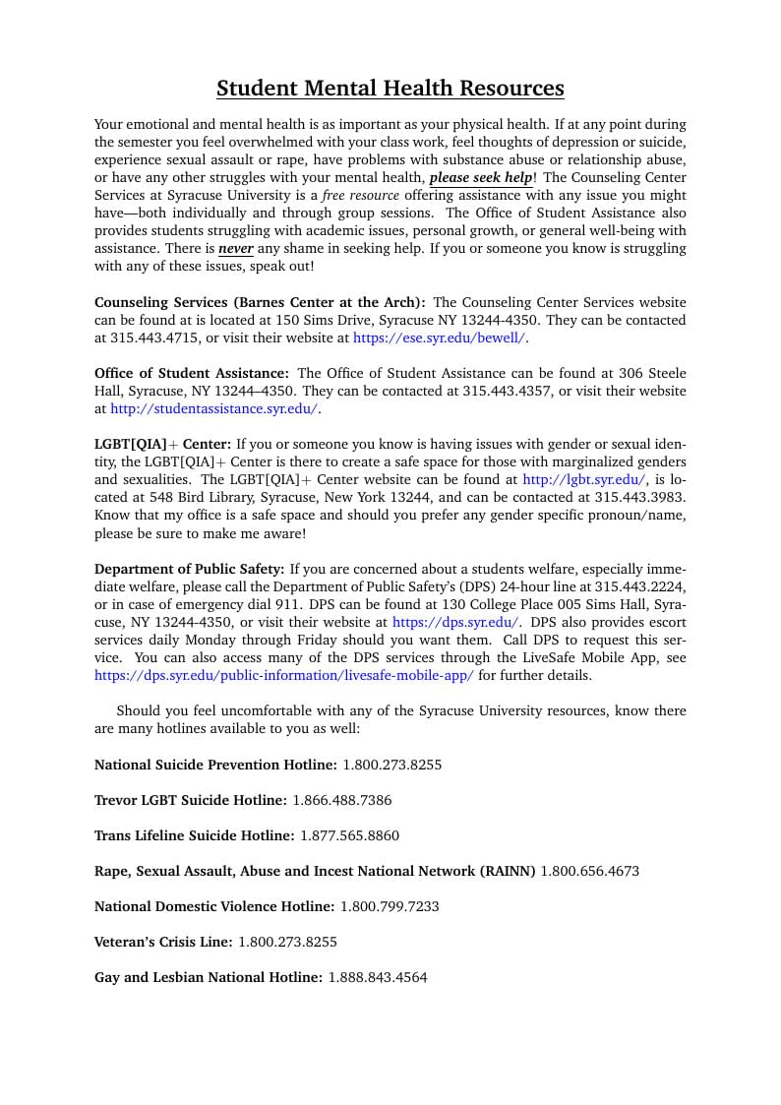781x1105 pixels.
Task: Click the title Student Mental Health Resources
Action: pyautogui.click(x=390, y=89)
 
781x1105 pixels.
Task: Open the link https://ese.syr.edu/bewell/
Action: pyautogui.click(x=439, y=338)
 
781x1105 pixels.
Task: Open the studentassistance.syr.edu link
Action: pyautogui.click(x=214, y=408)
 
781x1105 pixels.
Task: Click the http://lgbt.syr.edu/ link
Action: pyautogui.click(x=584, y=479)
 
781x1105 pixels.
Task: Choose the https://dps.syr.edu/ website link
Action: pyautogui.click(x=455, y=622)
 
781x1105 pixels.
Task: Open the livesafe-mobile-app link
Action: pyautogui.click(x=283, y=675)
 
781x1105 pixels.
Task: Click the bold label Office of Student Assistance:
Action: pyautogui.click(x=192, y=373)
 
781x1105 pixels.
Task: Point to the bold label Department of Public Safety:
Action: pyautogui.click(x=189, y=569)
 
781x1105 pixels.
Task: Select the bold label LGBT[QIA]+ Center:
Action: pyautogui.click(x=162, y=444)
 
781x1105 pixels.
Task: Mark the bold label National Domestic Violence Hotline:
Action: pyautogui.click(x=214, y=906)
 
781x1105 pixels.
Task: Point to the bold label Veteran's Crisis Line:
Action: pyautogui.click(x=163, y=942)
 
